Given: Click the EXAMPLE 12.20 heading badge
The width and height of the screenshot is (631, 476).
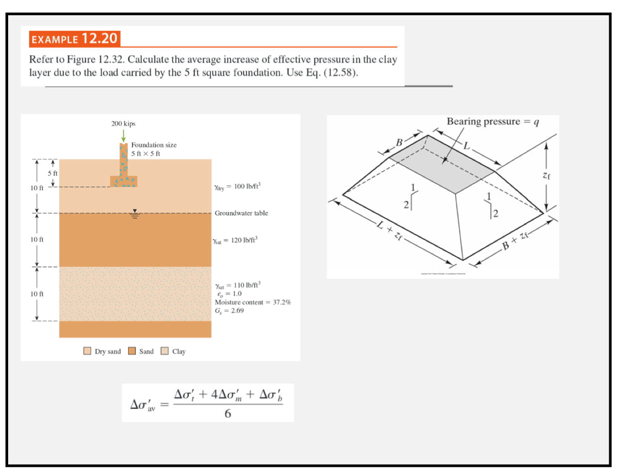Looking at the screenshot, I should click(x=75, y=39).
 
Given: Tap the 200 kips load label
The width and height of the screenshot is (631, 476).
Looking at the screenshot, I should click(x=124, y=124).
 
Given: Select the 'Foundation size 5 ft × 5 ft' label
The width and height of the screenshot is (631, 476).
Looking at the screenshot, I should click(x=153, y=149).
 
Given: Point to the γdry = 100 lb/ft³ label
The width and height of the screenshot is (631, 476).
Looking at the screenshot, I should click(x=238, y=187).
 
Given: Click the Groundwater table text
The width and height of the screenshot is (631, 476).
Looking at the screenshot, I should click(x=241, y=213).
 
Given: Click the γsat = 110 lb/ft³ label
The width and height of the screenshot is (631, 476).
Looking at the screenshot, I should click(x=238, y=285).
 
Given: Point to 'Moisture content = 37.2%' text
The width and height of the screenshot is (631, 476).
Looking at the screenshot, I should click(x=253, y=302).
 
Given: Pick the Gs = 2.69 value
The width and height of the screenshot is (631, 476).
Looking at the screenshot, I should click(x=230, y=310).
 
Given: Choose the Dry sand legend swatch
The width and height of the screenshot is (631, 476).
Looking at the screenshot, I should click(x=88, y=351).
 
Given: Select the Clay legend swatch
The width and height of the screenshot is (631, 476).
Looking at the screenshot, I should click(x=165, y=351).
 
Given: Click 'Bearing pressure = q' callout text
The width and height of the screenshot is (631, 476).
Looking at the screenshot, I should click(x=493, y=121).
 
